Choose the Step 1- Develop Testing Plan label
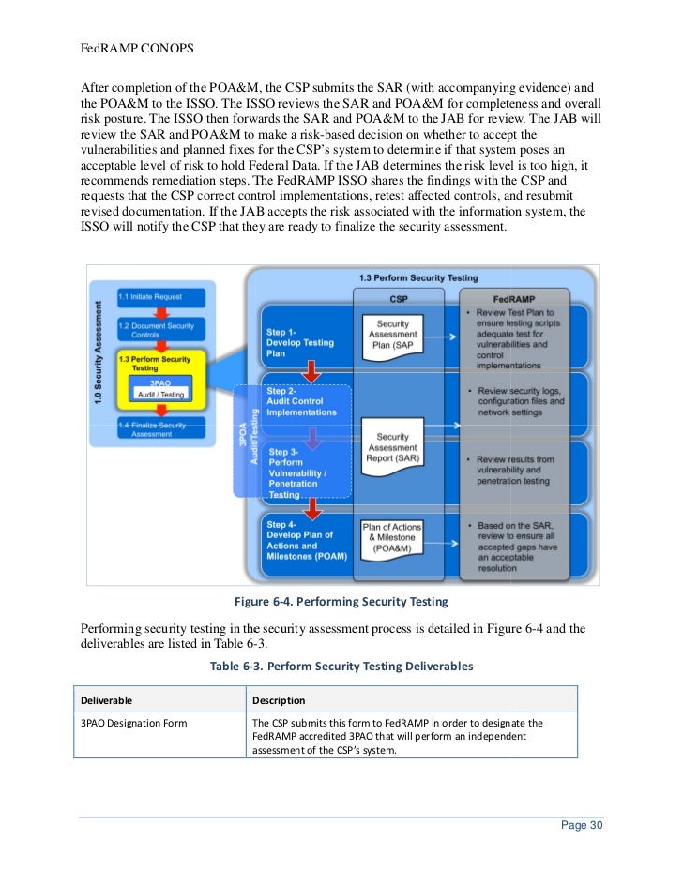point(299,342)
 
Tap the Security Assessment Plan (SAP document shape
point(393,335)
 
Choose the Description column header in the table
point(279,700)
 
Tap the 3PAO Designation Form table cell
point(134,723)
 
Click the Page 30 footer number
point(582,825)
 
